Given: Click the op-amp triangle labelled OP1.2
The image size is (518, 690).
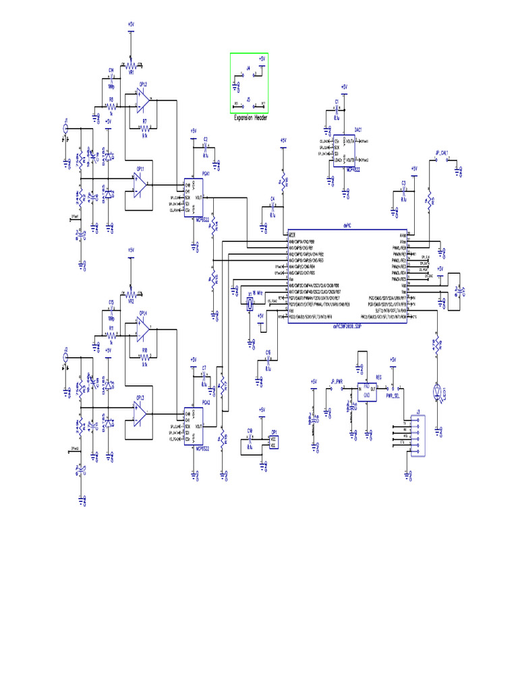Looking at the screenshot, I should tap(143, 99).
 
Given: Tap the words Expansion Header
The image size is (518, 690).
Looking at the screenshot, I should tap(250, 118).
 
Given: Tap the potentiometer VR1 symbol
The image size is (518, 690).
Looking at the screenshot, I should tap(132, 65).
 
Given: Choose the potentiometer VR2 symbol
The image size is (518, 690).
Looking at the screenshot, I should tap(132, 294).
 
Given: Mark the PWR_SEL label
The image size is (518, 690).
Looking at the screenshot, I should tap(393, 397).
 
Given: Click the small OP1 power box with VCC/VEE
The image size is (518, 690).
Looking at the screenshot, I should tap(273, 441).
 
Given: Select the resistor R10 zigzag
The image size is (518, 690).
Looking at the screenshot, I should tap(144, 355).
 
